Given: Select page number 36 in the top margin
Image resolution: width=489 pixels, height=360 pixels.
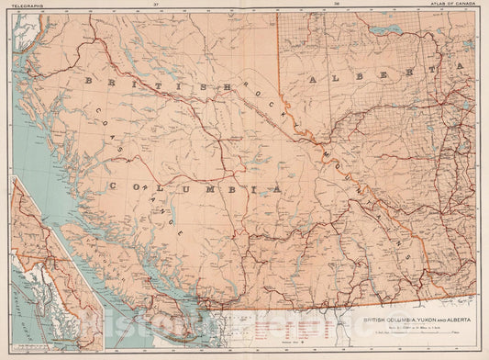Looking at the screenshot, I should tap(337, 4).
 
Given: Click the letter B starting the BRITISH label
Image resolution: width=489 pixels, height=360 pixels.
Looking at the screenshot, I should tap(86, 80).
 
